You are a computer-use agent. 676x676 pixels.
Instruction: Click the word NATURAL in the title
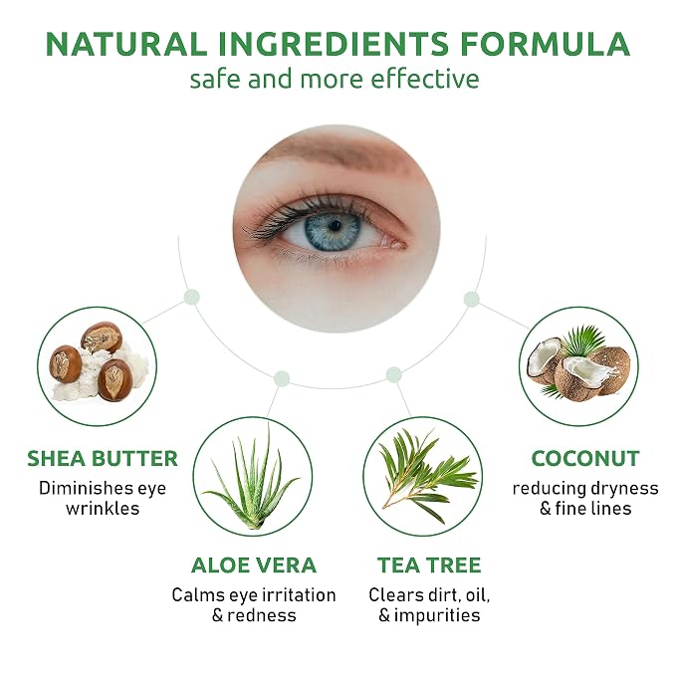[125, 44]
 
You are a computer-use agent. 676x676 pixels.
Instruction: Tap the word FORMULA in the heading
[545, 44]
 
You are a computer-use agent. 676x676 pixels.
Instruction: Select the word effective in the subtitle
[425, 80]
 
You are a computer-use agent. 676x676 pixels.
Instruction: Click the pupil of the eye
[335, 225]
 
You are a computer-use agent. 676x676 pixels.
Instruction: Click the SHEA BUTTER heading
[103, 458]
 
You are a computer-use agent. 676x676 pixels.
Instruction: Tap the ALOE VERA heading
[254, 565]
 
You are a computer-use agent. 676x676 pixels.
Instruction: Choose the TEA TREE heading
[429, 565]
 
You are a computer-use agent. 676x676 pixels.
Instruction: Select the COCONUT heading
[585, 458]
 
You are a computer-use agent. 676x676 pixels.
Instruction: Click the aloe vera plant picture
[252, 479]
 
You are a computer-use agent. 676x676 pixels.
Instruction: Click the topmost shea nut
[102, 337]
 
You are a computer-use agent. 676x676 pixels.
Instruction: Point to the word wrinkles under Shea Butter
[103, 509]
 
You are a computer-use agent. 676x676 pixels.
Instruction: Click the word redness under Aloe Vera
[262, 615]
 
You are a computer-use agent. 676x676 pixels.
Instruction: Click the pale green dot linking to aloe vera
[282, 378]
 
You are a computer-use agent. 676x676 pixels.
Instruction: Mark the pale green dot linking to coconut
[471, 300]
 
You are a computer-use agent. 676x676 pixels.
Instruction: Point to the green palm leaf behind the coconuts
[584, 339]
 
